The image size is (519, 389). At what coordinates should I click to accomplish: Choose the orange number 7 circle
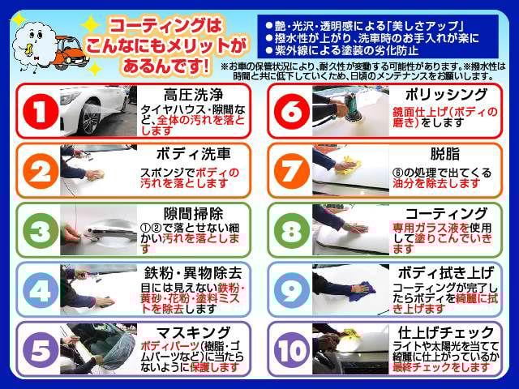pyautogui.click(x=290, y=171)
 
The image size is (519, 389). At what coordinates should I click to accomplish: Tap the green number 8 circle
pyautogui.click(x=290, y=231)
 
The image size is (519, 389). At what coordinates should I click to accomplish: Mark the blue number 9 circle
pyautogui.click(x=290, y=290)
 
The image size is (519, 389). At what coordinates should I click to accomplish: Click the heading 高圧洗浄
pyautogui.click(x=191, y=93)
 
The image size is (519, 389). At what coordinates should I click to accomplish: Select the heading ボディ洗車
pyautogui.click(x=192, y=152)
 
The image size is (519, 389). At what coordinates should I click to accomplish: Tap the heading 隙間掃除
pyautogui.click(x=192, y=214)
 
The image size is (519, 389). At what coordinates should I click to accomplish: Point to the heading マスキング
pyautogui.click(x=192, y=332)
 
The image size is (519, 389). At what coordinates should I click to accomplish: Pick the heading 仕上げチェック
pyautogui.click(x=445, y=332)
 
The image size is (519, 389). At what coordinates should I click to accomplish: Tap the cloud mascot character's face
pyautogui.click(x=33, y=42)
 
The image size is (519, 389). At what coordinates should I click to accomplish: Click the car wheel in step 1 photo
pyautogui.click(x=91, y=118)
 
